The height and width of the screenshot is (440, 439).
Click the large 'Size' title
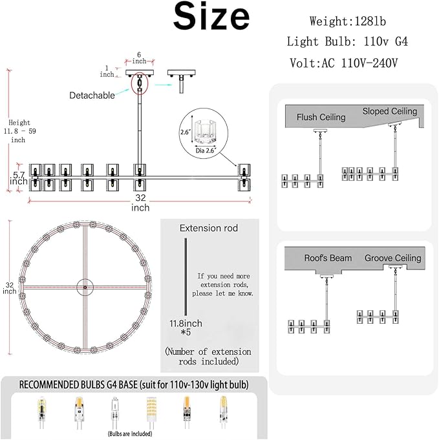point(211,16)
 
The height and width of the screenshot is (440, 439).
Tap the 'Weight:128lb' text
point(348,21)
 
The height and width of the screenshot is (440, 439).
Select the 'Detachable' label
point(92,96)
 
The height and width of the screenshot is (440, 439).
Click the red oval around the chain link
point(140,83)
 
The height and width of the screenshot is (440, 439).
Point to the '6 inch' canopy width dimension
point(139,58)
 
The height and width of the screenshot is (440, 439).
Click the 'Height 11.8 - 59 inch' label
point(19,131)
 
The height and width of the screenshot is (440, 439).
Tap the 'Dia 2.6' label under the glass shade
point(205,151)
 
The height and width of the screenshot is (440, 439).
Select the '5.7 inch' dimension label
point(19,178)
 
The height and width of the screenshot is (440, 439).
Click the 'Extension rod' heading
point(209,228)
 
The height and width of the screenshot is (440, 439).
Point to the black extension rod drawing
point(186,277)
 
